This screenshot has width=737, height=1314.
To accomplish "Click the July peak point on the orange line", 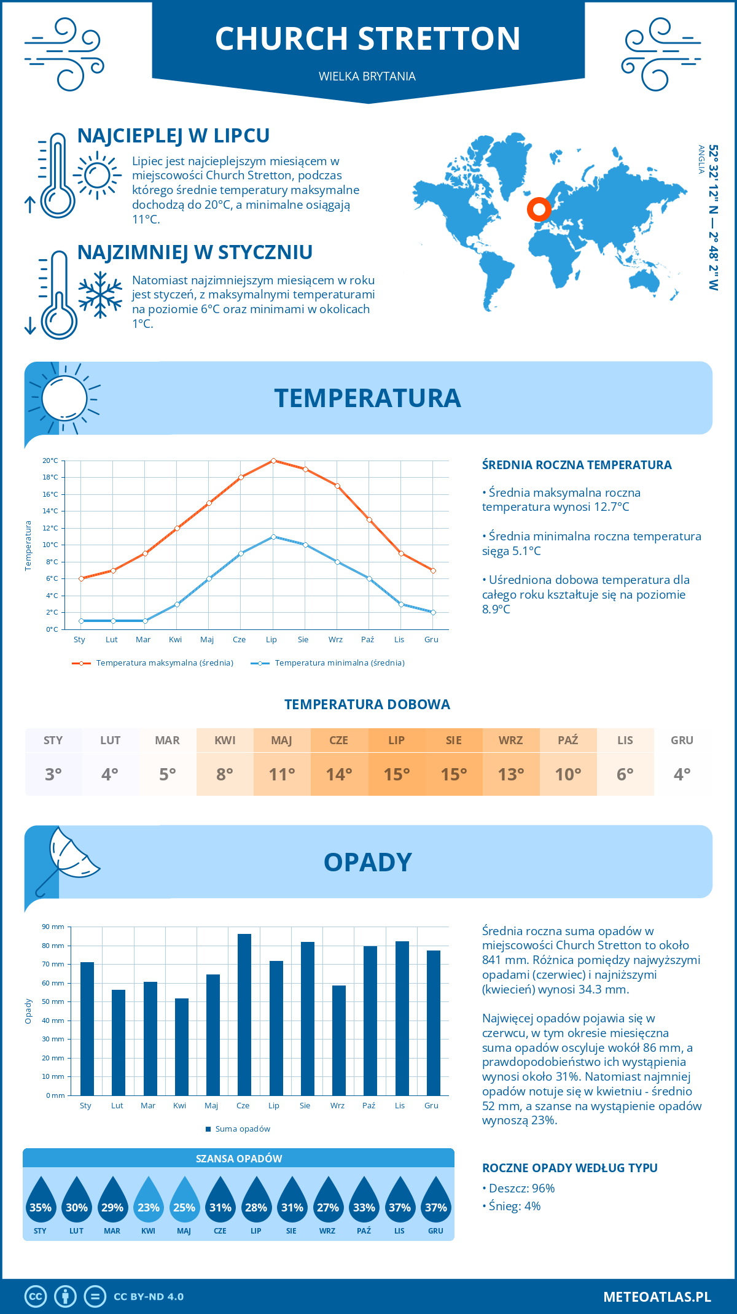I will [x=273, y=461].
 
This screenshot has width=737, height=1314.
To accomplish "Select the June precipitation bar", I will [x=244, y=1014].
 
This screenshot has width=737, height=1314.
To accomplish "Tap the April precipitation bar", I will [x=181, y=1046].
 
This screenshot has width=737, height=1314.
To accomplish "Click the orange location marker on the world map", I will [x=539, y=209].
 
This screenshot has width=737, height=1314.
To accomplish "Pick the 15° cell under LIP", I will [x=396, y=774].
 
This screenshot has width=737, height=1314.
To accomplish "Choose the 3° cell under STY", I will [x=53, y=774].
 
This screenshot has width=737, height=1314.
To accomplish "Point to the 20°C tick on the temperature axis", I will [x=50, y=461].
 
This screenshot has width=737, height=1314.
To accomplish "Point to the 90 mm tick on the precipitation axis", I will [x=53, y=927].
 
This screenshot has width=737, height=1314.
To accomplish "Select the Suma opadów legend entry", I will [x=242, y=1129].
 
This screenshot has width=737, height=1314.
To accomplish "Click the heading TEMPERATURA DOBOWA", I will [x=367, y=704].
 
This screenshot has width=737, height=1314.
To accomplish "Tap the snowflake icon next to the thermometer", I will [x=100, y=295].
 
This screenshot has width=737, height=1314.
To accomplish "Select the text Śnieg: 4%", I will [x=515, y=1206].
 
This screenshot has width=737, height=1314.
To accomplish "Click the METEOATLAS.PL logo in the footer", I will [x=657, y=1297].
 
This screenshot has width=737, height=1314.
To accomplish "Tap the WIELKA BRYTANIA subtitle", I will [x=367, y=76].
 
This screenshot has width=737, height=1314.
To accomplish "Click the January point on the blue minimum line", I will [x=81, y=621].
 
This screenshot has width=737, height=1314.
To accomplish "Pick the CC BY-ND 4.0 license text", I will [x=149, y=1297].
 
